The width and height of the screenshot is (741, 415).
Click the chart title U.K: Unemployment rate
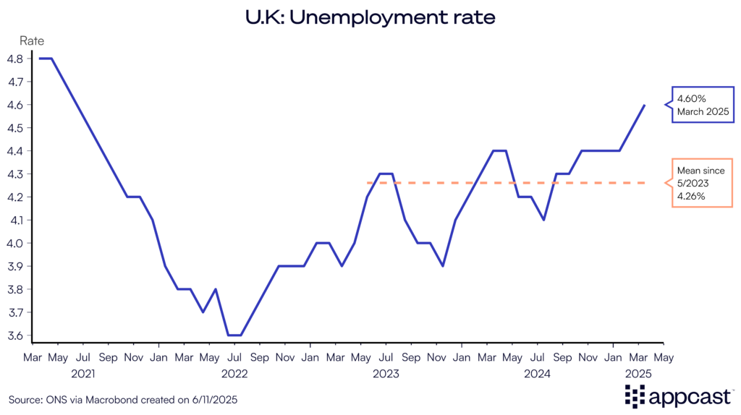coord(370,18)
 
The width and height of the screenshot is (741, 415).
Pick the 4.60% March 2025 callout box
coord(699,105)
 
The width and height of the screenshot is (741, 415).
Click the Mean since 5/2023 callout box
coord(699,183)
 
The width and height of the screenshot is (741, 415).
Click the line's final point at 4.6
coord(644,105)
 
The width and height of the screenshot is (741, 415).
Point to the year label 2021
coord(82,374)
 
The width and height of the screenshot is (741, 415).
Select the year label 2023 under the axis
coord(386,374)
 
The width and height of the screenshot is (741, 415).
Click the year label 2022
coord(234,374)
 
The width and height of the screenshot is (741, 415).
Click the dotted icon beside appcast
coord(634,395)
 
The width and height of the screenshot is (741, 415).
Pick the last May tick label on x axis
coord(664,357)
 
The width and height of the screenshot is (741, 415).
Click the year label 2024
coord(538,374)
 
